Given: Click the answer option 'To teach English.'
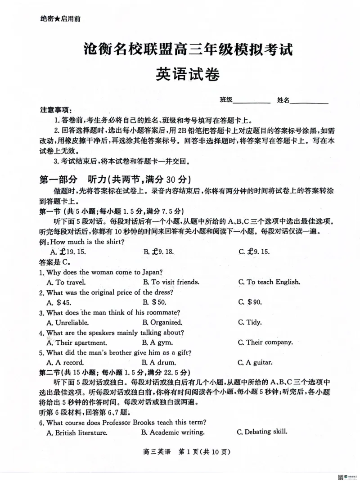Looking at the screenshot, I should (x=273, y=282).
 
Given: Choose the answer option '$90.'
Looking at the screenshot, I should (x=254, y=302).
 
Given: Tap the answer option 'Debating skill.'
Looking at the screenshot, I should (x=265, y=432).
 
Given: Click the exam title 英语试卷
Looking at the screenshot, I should (x=188, y=74).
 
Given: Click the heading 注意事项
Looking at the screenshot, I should (x=55, y=110).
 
